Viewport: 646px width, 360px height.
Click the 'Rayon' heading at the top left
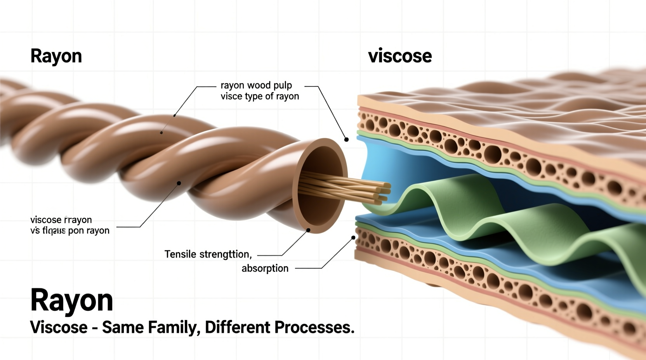click(x=56, y=56)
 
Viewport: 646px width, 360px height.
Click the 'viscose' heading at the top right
click(x=399, y=56)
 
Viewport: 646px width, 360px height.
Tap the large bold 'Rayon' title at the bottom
click(x=71, y=300)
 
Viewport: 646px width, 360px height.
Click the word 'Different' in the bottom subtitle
click(x=238, y=327)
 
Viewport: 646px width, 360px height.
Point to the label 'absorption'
click(x=265, y=268)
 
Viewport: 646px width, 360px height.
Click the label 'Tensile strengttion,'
click(x=208, y=254)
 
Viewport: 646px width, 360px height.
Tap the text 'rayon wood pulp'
click(x=256, y=85)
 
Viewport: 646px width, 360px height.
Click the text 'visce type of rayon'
click(x=260, y=96)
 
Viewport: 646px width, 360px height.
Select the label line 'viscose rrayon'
click(x=61, y=220)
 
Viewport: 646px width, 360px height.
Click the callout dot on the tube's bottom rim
click(x=308, y=230)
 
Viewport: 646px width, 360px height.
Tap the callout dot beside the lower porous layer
click(x=353, y=237)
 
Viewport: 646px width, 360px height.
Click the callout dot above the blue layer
click(x=346, y=139)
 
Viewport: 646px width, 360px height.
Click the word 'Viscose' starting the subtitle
click(x=59, y=327)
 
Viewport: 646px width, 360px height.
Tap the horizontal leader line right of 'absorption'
click(x=309, y=268)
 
